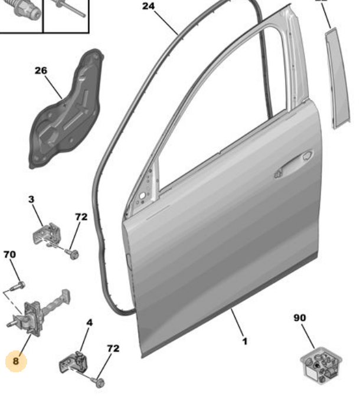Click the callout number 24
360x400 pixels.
(x=148, y=6)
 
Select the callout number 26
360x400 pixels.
(x=40, y=71)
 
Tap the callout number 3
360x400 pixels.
(x=31, y=200)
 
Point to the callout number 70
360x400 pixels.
(x=9, y=255)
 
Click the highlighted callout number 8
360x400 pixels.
(x=16, y=360)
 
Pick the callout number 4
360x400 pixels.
(x=89, y=323)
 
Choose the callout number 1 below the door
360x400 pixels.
(x=245, y=340)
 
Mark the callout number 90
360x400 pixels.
(x=300, y=318)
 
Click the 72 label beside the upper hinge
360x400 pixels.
(x=80, y=217)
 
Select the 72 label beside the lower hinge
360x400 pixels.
(x=112, y=348)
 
